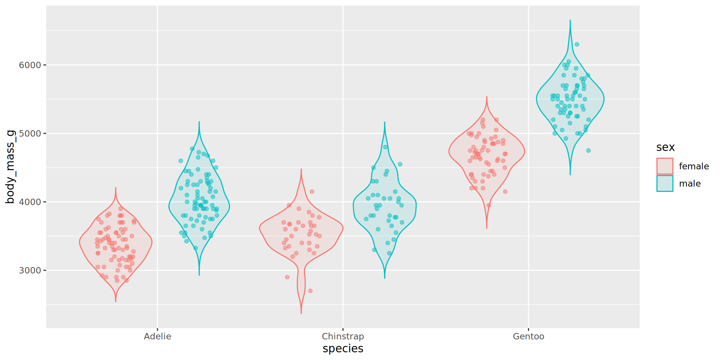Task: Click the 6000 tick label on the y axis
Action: (30, 65)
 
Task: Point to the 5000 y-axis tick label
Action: (30, 133)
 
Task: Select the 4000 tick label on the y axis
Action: (30, 202)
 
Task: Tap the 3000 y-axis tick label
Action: (30, 271)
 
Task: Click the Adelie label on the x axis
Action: (157, 336)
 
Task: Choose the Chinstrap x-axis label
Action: (343, 336)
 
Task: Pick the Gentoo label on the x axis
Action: (528, 336)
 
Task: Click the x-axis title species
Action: (343, 349)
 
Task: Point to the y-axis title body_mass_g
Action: (10, 167)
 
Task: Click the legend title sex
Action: (665, 147)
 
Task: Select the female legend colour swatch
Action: (664, 166)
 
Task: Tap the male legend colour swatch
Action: (664, 183)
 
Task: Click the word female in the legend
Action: (694, 166)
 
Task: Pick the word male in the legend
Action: (690, 183)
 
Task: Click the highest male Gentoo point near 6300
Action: (577, 45)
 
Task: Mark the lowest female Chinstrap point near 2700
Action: (310, 291)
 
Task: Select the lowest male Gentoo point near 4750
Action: (588, 150)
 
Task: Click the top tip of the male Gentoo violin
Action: (570, 21)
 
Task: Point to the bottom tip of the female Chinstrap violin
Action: (301, 313)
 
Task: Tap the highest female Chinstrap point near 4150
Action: (312, 192)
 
